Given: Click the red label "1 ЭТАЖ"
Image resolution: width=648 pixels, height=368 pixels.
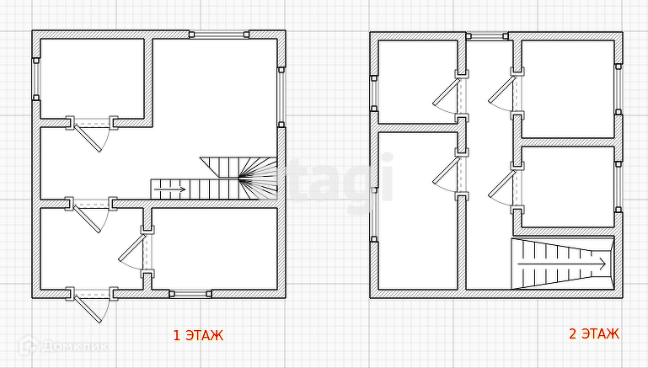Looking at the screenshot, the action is click(x=198, y=335).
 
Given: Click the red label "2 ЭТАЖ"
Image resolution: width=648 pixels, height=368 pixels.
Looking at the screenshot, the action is click(x=594, y=333).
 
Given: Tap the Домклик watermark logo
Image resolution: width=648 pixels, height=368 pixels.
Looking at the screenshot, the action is click(x=63, y=346).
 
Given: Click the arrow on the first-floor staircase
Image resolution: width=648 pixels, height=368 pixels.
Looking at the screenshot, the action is click(x=169, y=189).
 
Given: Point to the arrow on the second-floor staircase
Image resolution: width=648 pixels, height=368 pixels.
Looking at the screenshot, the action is click(x=562, y=264).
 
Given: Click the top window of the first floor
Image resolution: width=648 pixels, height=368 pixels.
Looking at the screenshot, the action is click(x=219, y=35).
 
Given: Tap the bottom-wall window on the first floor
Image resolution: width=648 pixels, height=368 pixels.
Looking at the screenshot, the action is click(x=190, y=294).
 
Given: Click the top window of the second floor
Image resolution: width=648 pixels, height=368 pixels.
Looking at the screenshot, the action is click(x=487, y=36).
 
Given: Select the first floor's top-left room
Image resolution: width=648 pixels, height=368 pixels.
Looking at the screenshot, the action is click(x=92, y=78).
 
